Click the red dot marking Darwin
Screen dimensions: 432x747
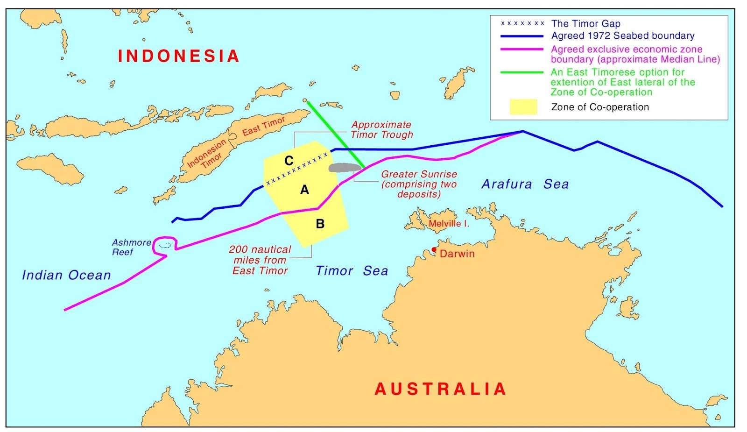[x=434, y=249]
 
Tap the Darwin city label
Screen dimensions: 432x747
[x=457, y=254]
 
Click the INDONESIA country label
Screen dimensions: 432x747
[x=179, y=56]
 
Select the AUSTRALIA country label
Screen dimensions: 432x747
[x=441, y=389]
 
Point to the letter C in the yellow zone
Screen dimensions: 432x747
[x=289, y=161]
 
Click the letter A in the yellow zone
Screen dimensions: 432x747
[x=304, y=190]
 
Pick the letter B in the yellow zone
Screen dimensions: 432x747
[x=320, y=224]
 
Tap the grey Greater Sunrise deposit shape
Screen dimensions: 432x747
[x=345, y=167]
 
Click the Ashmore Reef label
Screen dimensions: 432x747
[x=131, y=247]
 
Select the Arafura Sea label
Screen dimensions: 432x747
[x=525, y=184]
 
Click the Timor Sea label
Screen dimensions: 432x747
[x=352, y=271]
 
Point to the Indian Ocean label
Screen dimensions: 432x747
[x=66, y=275]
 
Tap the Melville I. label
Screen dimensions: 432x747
[x=448, y=224]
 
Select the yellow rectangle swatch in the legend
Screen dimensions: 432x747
[x=523, y=107]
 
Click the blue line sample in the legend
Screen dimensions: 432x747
[x=521, y=36]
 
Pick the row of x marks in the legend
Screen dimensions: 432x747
[x=522, y=23]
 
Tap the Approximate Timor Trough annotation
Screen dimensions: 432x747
[x=381, y=130]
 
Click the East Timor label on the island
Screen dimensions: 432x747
[x=263, y=126]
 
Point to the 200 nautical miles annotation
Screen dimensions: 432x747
[x=260, y=260]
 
